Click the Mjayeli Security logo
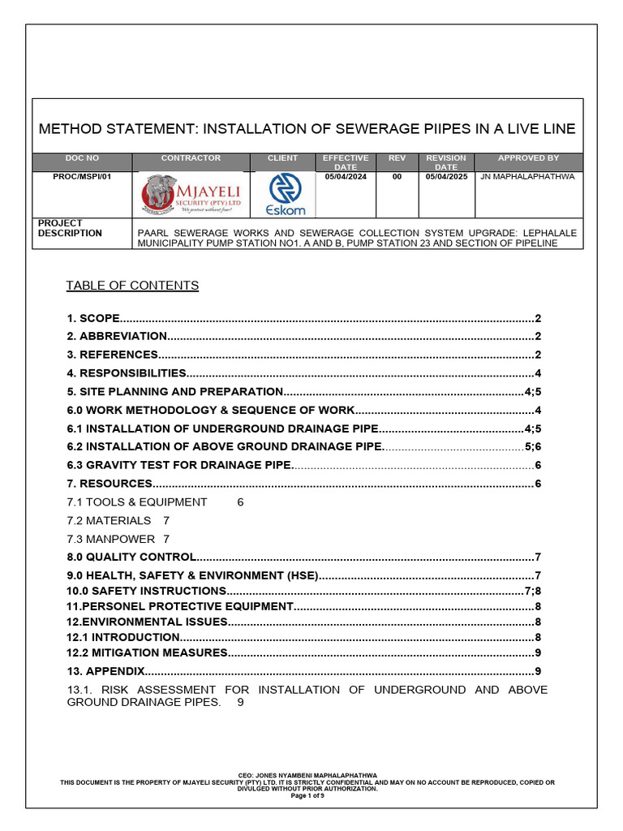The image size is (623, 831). point(191,195)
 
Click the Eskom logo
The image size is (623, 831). point(286,196)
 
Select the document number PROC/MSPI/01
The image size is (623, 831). point(81,176)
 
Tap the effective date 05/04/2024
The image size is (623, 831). point(346,176)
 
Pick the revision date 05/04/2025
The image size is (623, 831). point(446,176)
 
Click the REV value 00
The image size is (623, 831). point(397,176)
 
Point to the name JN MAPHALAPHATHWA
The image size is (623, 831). point(528,176)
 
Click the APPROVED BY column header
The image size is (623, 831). point(528,158)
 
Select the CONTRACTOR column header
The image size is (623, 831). point(191,158)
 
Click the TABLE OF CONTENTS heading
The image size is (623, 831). point(132,286)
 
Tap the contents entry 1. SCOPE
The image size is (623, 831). point(93,317)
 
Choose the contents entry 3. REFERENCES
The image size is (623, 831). point(113,355)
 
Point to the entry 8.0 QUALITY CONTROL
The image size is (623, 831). point(131,557)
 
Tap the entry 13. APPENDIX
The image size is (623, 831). point(105,671)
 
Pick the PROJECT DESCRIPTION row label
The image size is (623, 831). point(71,228)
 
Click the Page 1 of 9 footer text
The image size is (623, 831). point(308,795)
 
